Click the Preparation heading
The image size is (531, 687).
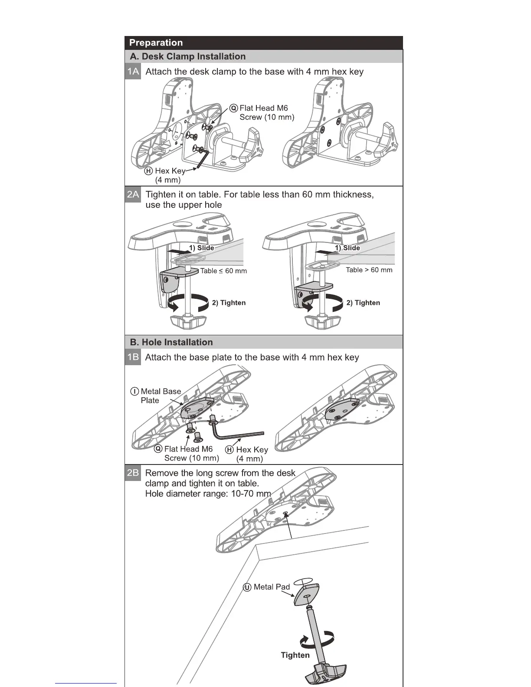[x=156, y=43]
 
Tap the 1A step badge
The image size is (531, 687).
[x=133, y=72]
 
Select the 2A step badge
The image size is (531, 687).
[x=133, y=194]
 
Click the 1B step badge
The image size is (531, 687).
[x=133, y=357]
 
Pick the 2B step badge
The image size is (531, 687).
[x=133, y=473]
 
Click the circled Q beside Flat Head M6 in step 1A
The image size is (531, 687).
[x=234, y=108]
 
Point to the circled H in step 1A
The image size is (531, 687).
[x=149, y=171]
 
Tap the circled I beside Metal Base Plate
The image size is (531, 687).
[x=135, y=391]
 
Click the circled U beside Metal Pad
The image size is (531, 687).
[x=247, y=587]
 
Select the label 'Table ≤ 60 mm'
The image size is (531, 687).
[x=223, y=271]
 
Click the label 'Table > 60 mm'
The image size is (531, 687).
[x=369, y=270]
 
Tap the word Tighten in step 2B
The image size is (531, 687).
[x=295, y=655]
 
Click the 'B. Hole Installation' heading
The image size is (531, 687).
[x=171, y=342]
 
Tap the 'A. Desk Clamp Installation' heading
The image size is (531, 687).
[x=188, y=56]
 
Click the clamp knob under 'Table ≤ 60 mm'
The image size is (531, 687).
[x=188, y=321]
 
